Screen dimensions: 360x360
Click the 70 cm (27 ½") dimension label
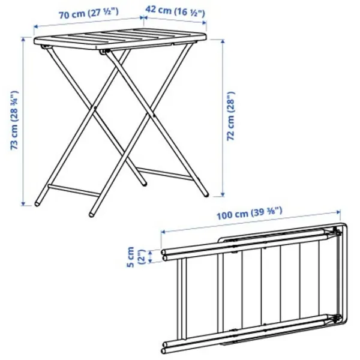pyautogui.click(x=89, y=13)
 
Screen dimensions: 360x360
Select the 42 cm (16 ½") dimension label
pyautogui.click(x=175, y=11)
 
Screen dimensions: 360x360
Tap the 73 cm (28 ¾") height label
pyautogui.click(x=14, y=121)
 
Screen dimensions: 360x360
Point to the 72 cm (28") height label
pyautogui.click(x=231, y=116)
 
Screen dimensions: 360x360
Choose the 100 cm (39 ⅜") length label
pyautogui.click(x=250, y=214)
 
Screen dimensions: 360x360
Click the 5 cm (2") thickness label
pyautogui.click(x=136, y=257)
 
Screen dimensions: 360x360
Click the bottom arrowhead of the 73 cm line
pyautogui.click(x=23, y=203)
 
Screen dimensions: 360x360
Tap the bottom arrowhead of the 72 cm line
pyautogui.click(x=222, y=194)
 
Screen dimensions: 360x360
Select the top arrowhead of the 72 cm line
pyautogui.click(x=222, y=41)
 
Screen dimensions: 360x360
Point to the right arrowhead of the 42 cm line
pyautogui.click(x=204, y=23)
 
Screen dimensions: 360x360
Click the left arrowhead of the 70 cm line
pyautogui.click(x=36, y=27)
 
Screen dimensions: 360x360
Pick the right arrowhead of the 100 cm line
pyautogui.click(x=338, y=212)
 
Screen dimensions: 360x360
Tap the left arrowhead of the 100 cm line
pyautogui.click(x=163, y=232)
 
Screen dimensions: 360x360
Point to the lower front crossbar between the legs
pyautogui.click(x=74, y=190)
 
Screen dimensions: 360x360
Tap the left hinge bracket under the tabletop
pyautogui.click(x=45, y=47)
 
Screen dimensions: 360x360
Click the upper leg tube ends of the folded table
pyautogui.click(x=164, y=256)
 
